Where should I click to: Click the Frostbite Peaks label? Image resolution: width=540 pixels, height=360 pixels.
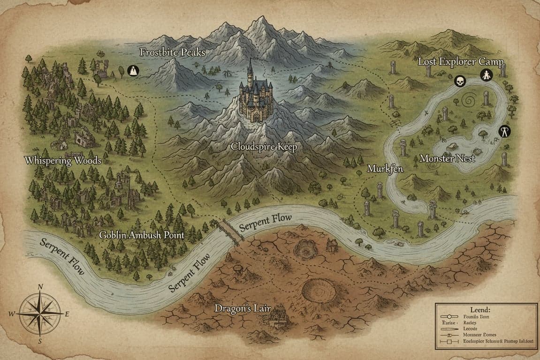click(x=173, y=52)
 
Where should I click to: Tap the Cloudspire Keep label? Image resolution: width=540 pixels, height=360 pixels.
click(x=264, y=147)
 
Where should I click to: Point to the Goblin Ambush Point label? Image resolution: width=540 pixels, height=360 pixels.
click(x=142, y=235)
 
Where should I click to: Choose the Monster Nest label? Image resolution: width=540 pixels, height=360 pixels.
click(x=447, y=158)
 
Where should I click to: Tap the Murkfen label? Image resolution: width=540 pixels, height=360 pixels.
click(x=385, y=169)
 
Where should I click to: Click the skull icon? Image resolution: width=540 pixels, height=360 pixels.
click(x=459, y=82)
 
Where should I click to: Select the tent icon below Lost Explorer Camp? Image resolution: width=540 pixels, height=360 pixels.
click(x=487, y=75)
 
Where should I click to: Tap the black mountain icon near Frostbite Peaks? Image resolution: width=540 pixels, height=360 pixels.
click(x=134, y=71)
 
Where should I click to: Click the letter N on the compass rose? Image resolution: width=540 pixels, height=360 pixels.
click(x=40, y=287)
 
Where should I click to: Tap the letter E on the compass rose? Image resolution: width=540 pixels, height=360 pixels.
click(x=67, y=314)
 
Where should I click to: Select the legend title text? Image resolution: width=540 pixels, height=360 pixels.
click(x=479, y=310)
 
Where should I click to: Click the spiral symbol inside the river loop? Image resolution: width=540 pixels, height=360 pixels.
click(x=469, y=100)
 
